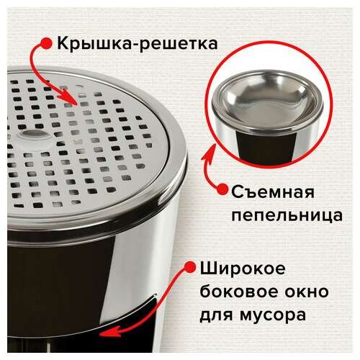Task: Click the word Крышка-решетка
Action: coord(138,44)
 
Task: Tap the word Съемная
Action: coord(273,192)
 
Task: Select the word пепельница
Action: coord(287,215)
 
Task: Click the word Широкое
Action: coord(243,269)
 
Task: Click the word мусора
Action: coord(273,315)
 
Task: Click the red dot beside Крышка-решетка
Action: coord(45,44)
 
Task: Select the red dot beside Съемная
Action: coord(222,189)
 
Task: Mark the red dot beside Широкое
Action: coord(191,267)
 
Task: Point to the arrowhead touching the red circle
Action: coord(210,153)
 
